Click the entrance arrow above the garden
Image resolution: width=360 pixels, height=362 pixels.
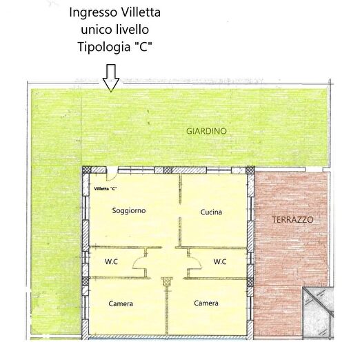tap(111, 80)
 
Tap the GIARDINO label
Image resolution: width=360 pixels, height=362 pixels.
tap(206, 130)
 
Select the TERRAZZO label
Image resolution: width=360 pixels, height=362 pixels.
tap(293, 220)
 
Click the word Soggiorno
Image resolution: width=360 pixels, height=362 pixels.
tap(129, 210)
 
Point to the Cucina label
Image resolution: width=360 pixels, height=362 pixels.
tap(211, 212)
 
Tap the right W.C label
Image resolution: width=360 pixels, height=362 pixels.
tap(220, 261)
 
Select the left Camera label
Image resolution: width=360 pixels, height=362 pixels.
tap(121, 303)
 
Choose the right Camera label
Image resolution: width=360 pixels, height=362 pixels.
tap(206, 303)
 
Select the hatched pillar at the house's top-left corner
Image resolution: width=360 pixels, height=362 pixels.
tap(87, 170)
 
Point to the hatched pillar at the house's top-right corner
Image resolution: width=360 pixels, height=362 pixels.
tap(250, 170)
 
